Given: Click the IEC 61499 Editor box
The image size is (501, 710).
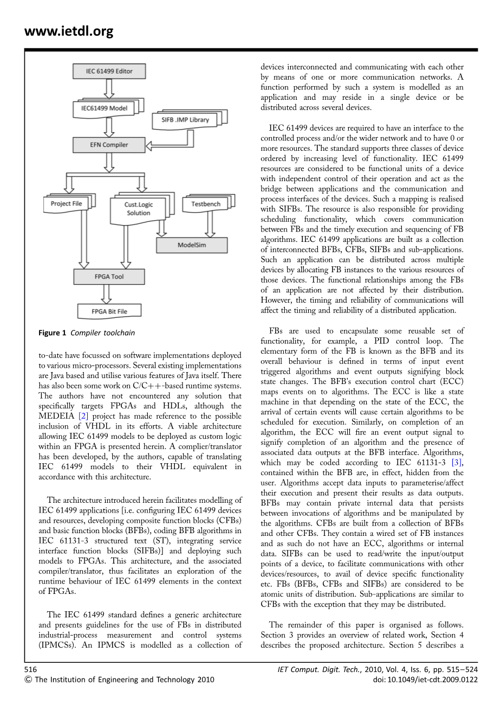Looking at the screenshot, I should pyautogui.click(x=109, y=71).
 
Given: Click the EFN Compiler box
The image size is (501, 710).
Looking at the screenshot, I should pyautogui.click(x=109, y=145).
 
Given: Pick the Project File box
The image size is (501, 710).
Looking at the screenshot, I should pyautogui.click(x=67, y=203).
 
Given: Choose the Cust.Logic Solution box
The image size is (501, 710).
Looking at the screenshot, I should pyautogui.click(x=139, y=209).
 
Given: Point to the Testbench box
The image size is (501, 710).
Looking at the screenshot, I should pyautogui.click(x=206, y=204).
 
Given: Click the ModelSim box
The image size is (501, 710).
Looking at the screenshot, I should pyautogui.click(x=192, y=245).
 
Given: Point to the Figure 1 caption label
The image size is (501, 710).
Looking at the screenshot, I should pyautogui.click(x=53, y=333).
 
